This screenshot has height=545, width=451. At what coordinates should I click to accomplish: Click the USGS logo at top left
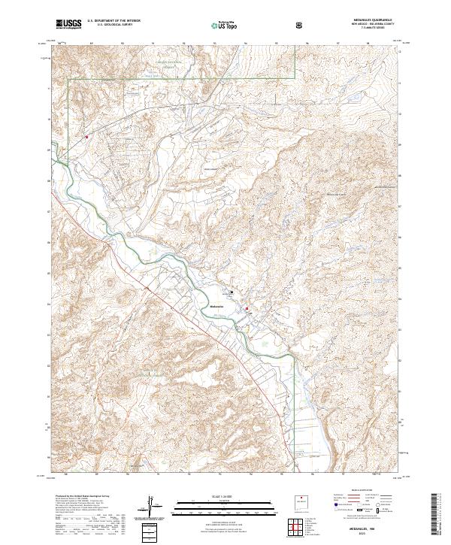click(x=69, y=24)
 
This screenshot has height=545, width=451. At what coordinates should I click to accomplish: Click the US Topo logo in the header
click(x=219, y=25)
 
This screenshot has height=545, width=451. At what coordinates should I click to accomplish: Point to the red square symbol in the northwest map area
click(x=87, y=137)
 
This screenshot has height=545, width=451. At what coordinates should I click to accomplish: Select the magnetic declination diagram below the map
click(x=153, y=506)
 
